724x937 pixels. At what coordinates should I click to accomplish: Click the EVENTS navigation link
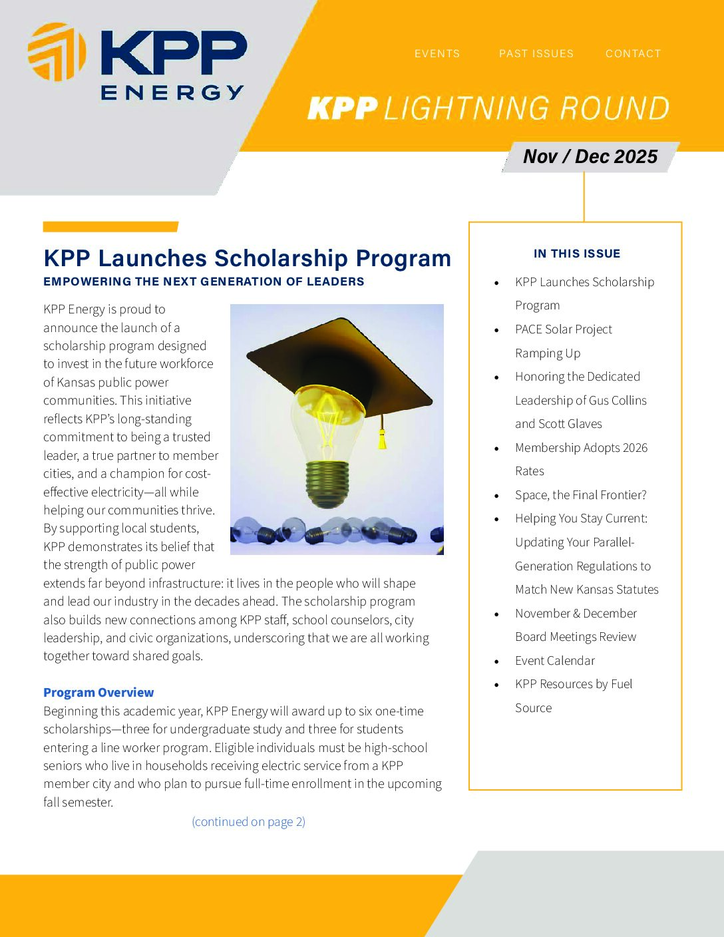tap(437, 54)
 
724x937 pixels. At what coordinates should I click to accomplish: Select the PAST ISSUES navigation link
tap(536, 54)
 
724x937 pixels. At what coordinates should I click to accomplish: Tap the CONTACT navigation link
tap(633, 54)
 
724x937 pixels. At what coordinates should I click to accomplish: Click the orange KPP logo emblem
tap(57, 52)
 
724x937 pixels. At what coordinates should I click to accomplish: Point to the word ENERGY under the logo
tap(172, 93)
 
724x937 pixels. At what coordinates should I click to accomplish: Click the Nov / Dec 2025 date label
tap(590, 157)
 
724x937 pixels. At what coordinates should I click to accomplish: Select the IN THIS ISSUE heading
tap(576, 254)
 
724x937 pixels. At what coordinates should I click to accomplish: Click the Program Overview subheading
tap(98, 693)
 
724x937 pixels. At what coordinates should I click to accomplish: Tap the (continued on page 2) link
tap(248, 822)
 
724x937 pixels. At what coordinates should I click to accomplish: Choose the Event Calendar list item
tap(554, 661)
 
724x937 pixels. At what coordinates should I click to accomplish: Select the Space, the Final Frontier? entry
tap(580, 495)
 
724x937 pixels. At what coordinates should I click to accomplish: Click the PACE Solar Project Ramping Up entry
tap(563, 341)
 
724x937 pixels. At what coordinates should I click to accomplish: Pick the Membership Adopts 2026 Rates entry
tap(581, 459)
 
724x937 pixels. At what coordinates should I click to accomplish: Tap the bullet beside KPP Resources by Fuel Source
tap(496, 685)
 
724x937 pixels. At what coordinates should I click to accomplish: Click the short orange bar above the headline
tap(110, 227)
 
